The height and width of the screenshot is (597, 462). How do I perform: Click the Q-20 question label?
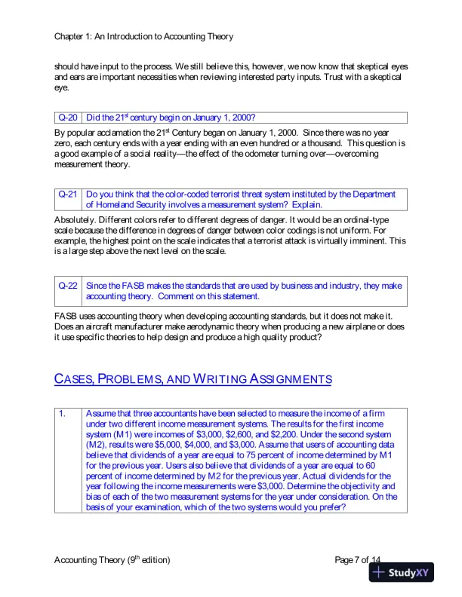pyautogui.click(x=68, y=118)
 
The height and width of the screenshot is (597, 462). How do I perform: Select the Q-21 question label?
pyautogui.click(x=68, y=194)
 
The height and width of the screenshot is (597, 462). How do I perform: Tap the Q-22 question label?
pyautogui.click(x=68, y=286)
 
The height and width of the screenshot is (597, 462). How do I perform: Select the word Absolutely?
pyautogui.click(x=78, y=219)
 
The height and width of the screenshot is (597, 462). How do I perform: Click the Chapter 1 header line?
pyautogui.click(x=143, y=36)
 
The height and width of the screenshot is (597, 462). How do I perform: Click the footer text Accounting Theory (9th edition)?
pyautogui.click(x=112, y=559)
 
